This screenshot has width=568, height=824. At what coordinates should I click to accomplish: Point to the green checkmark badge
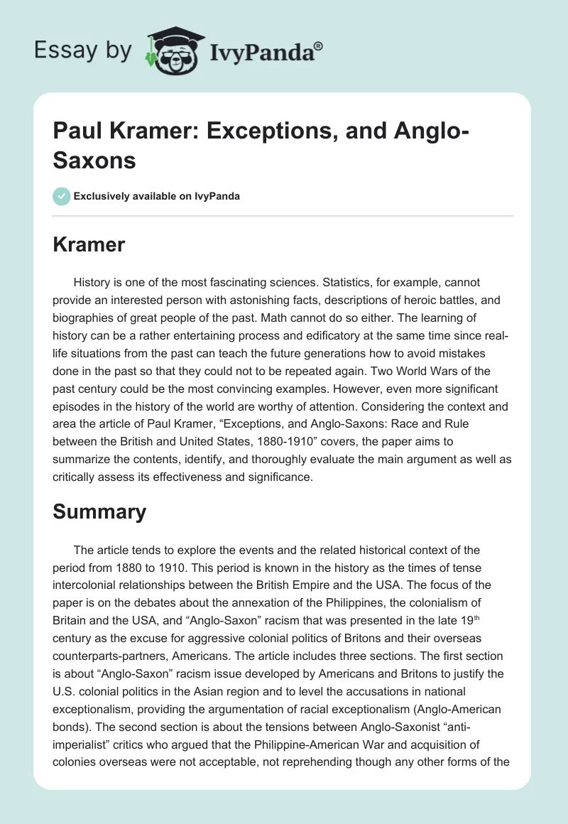coord(62,196)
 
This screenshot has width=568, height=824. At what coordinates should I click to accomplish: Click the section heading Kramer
coord(89,245)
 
